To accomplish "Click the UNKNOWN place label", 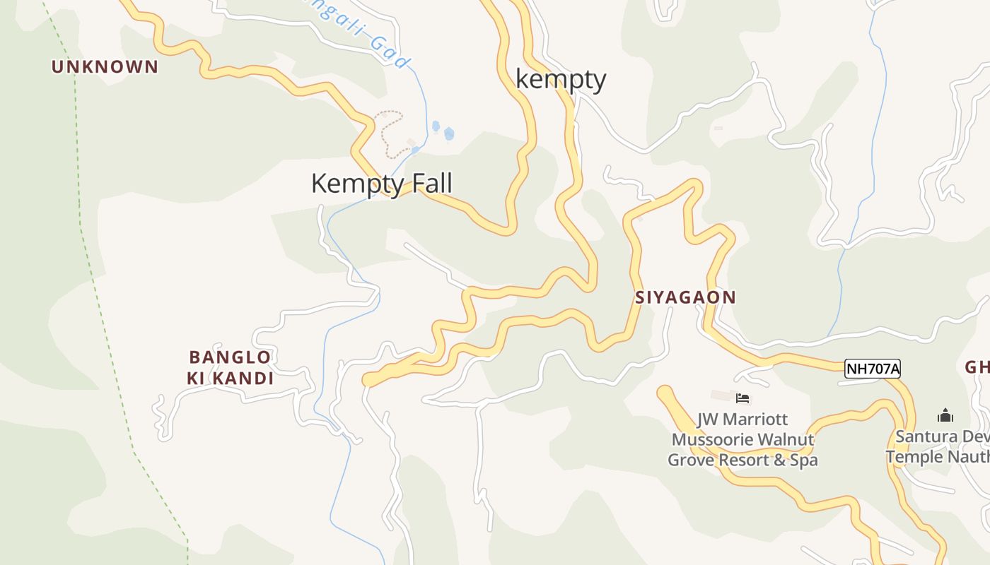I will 105,67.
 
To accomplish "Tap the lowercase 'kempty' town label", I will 561,78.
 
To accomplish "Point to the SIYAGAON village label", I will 685,297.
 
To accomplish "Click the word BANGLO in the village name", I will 230,357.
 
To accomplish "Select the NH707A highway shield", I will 872,368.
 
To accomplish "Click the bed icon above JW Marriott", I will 742,398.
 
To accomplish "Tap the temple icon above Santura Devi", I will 945,415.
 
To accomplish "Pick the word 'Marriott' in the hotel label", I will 754,420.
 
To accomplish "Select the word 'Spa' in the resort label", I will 803,460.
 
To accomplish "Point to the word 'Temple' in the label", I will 914,456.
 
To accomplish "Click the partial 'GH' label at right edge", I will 977,367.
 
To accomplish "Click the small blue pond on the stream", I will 448,133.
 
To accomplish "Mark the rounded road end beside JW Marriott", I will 665,393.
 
